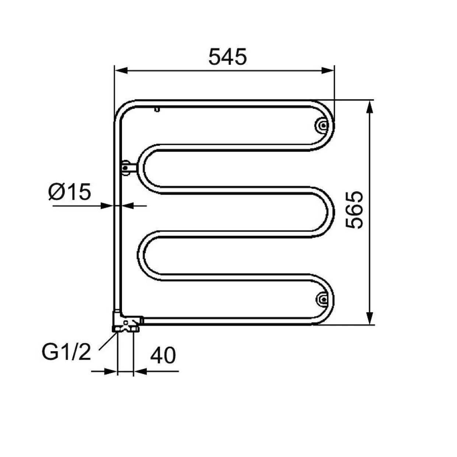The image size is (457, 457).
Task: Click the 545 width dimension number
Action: pos(228,57)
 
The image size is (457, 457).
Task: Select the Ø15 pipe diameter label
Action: pos(70,192)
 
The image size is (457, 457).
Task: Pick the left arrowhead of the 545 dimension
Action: pos(121,70)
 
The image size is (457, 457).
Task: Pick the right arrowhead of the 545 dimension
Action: pos(328,70)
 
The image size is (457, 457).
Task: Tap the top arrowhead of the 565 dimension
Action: pos(370,107)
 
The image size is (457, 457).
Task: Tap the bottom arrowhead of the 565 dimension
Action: pos(370,318)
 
